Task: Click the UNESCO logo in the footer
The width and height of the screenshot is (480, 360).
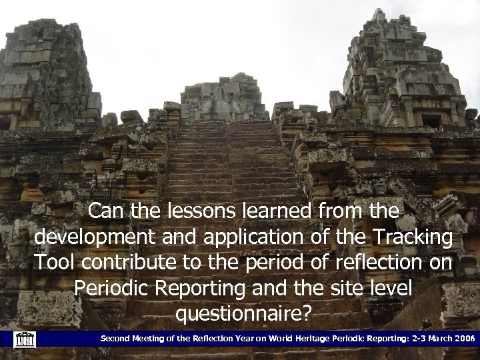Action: tap(24, 339)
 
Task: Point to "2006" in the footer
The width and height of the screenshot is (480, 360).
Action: tap(462, 339)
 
